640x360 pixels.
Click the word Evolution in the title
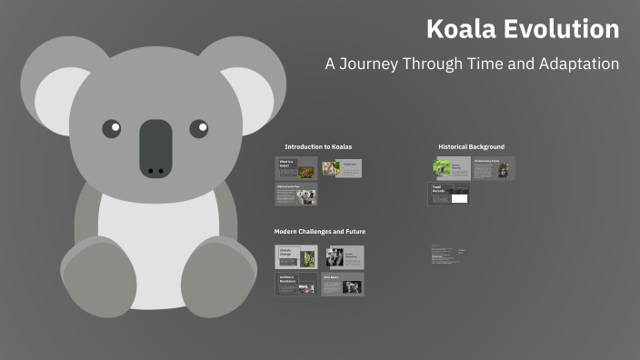(x=565, y=29)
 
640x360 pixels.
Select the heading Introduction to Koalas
(x=318, y=146)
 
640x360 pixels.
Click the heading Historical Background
(x=471, y=146)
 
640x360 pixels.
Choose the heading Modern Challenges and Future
(x=320, y=232)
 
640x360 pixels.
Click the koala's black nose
(x=155, y=148)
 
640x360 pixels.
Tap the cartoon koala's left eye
(x=111, y=128)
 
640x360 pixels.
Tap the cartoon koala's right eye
(x=199, y=128)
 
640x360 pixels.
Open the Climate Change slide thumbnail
(x=295, y=257)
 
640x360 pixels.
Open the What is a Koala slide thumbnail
(x=295, y=168)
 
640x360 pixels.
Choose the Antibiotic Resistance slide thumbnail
(x=295, y=285)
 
